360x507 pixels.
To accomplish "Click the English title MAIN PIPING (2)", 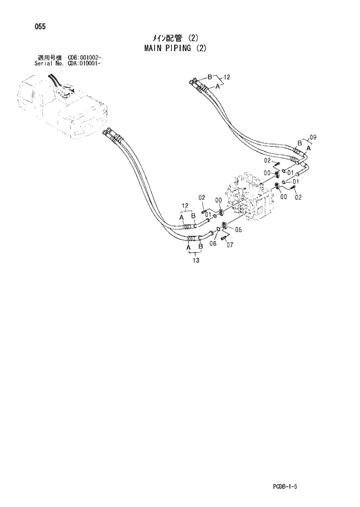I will click(x=175, y=48).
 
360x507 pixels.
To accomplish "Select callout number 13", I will click(x=196, y=261).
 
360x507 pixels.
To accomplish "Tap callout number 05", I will click(x=237, y=229).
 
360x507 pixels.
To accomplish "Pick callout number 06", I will click(x=213, y=243).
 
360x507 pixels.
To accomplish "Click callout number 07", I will click(x=230, y=244).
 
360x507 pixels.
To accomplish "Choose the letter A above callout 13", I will click(x=189, y=247).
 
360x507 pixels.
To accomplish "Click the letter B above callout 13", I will click(x=200, y=247).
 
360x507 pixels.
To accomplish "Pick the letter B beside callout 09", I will click(x=300, y=142).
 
